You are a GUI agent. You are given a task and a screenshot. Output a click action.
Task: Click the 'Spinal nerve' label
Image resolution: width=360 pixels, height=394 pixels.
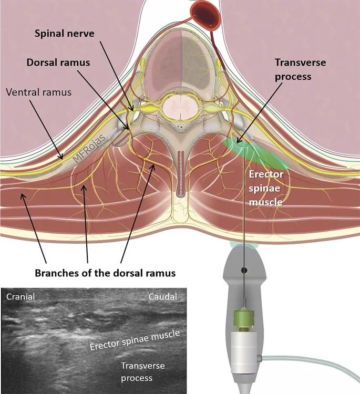click(64, 33)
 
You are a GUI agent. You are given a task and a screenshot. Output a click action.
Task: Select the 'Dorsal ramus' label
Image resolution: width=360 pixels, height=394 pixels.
click(59, 63)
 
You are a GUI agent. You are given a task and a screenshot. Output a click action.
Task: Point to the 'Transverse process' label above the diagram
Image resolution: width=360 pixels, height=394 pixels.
click(300, 69)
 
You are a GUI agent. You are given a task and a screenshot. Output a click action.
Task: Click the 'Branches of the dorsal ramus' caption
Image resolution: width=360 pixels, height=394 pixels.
click(105, 274)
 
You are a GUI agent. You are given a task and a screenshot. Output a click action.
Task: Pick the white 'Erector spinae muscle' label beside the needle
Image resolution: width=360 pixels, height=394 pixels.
click(266, 188)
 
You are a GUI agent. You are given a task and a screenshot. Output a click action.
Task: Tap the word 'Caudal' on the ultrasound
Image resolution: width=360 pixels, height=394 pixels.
click(163, 297)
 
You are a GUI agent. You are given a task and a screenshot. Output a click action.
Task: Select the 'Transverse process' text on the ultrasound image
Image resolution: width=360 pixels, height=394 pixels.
click(143, 371)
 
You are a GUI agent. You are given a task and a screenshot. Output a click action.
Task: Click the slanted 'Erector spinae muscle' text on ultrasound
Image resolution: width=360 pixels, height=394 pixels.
click(135, 340)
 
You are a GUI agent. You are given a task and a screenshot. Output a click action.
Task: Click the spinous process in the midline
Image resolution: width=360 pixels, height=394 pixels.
click(180, 173)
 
